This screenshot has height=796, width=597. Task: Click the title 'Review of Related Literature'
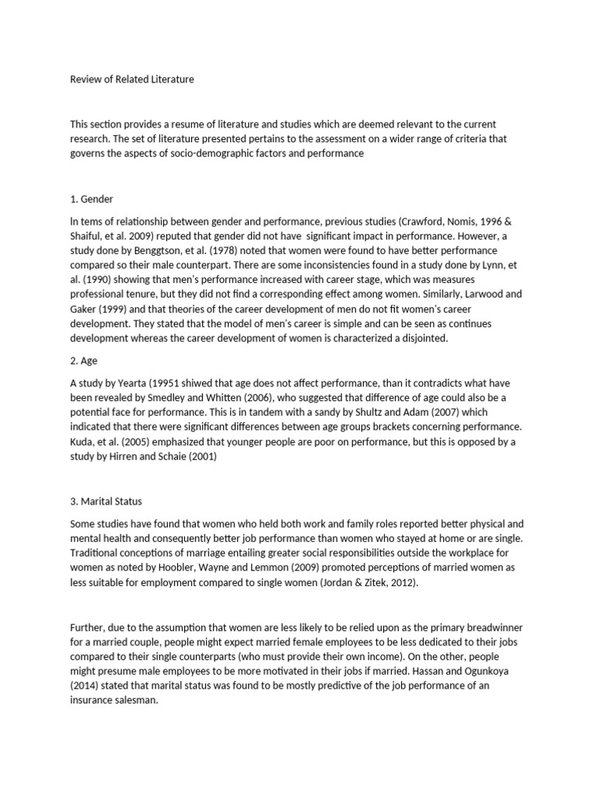132,79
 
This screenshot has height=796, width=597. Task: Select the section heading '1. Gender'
93,199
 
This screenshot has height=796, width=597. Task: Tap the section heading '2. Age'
85,361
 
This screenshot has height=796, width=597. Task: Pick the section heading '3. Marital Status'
106,501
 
